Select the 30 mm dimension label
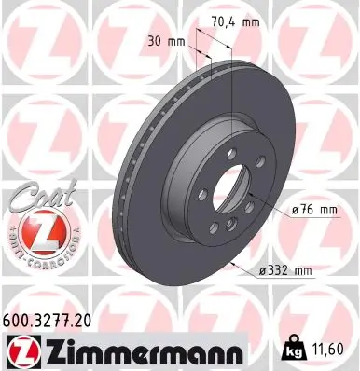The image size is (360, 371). point(162,42)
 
